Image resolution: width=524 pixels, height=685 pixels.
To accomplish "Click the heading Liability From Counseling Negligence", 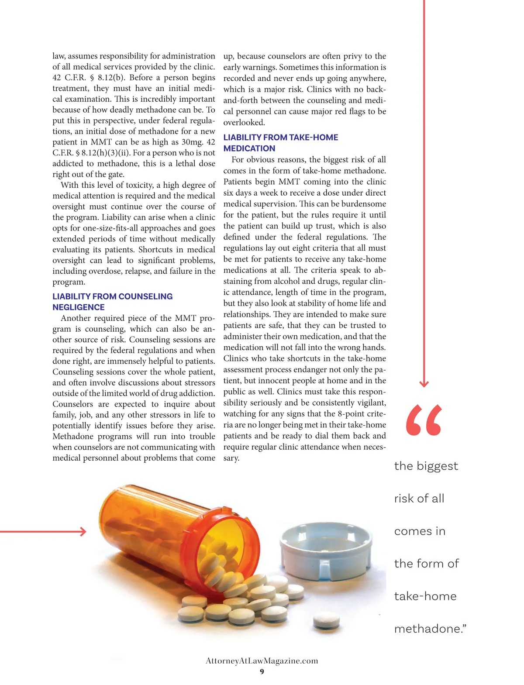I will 112,302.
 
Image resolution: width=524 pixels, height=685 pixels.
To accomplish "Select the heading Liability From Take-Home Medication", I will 280,143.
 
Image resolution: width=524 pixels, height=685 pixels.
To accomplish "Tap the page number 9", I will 262,671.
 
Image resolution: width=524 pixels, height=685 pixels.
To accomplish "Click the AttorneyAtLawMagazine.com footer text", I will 262,661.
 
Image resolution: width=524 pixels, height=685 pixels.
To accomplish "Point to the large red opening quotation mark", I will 424,420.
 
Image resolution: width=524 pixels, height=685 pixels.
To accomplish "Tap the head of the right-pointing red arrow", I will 83,531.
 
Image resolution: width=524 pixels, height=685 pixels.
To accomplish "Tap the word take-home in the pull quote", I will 425,596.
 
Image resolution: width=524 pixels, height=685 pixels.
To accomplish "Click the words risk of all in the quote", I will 419,499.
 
